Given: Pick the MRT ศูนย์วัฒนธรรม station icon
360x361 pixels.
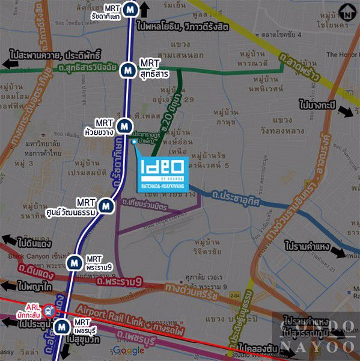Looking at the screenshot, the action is point(106,205).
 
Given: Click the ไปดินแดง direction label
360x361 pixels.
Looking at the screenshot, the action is point(34,243).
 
